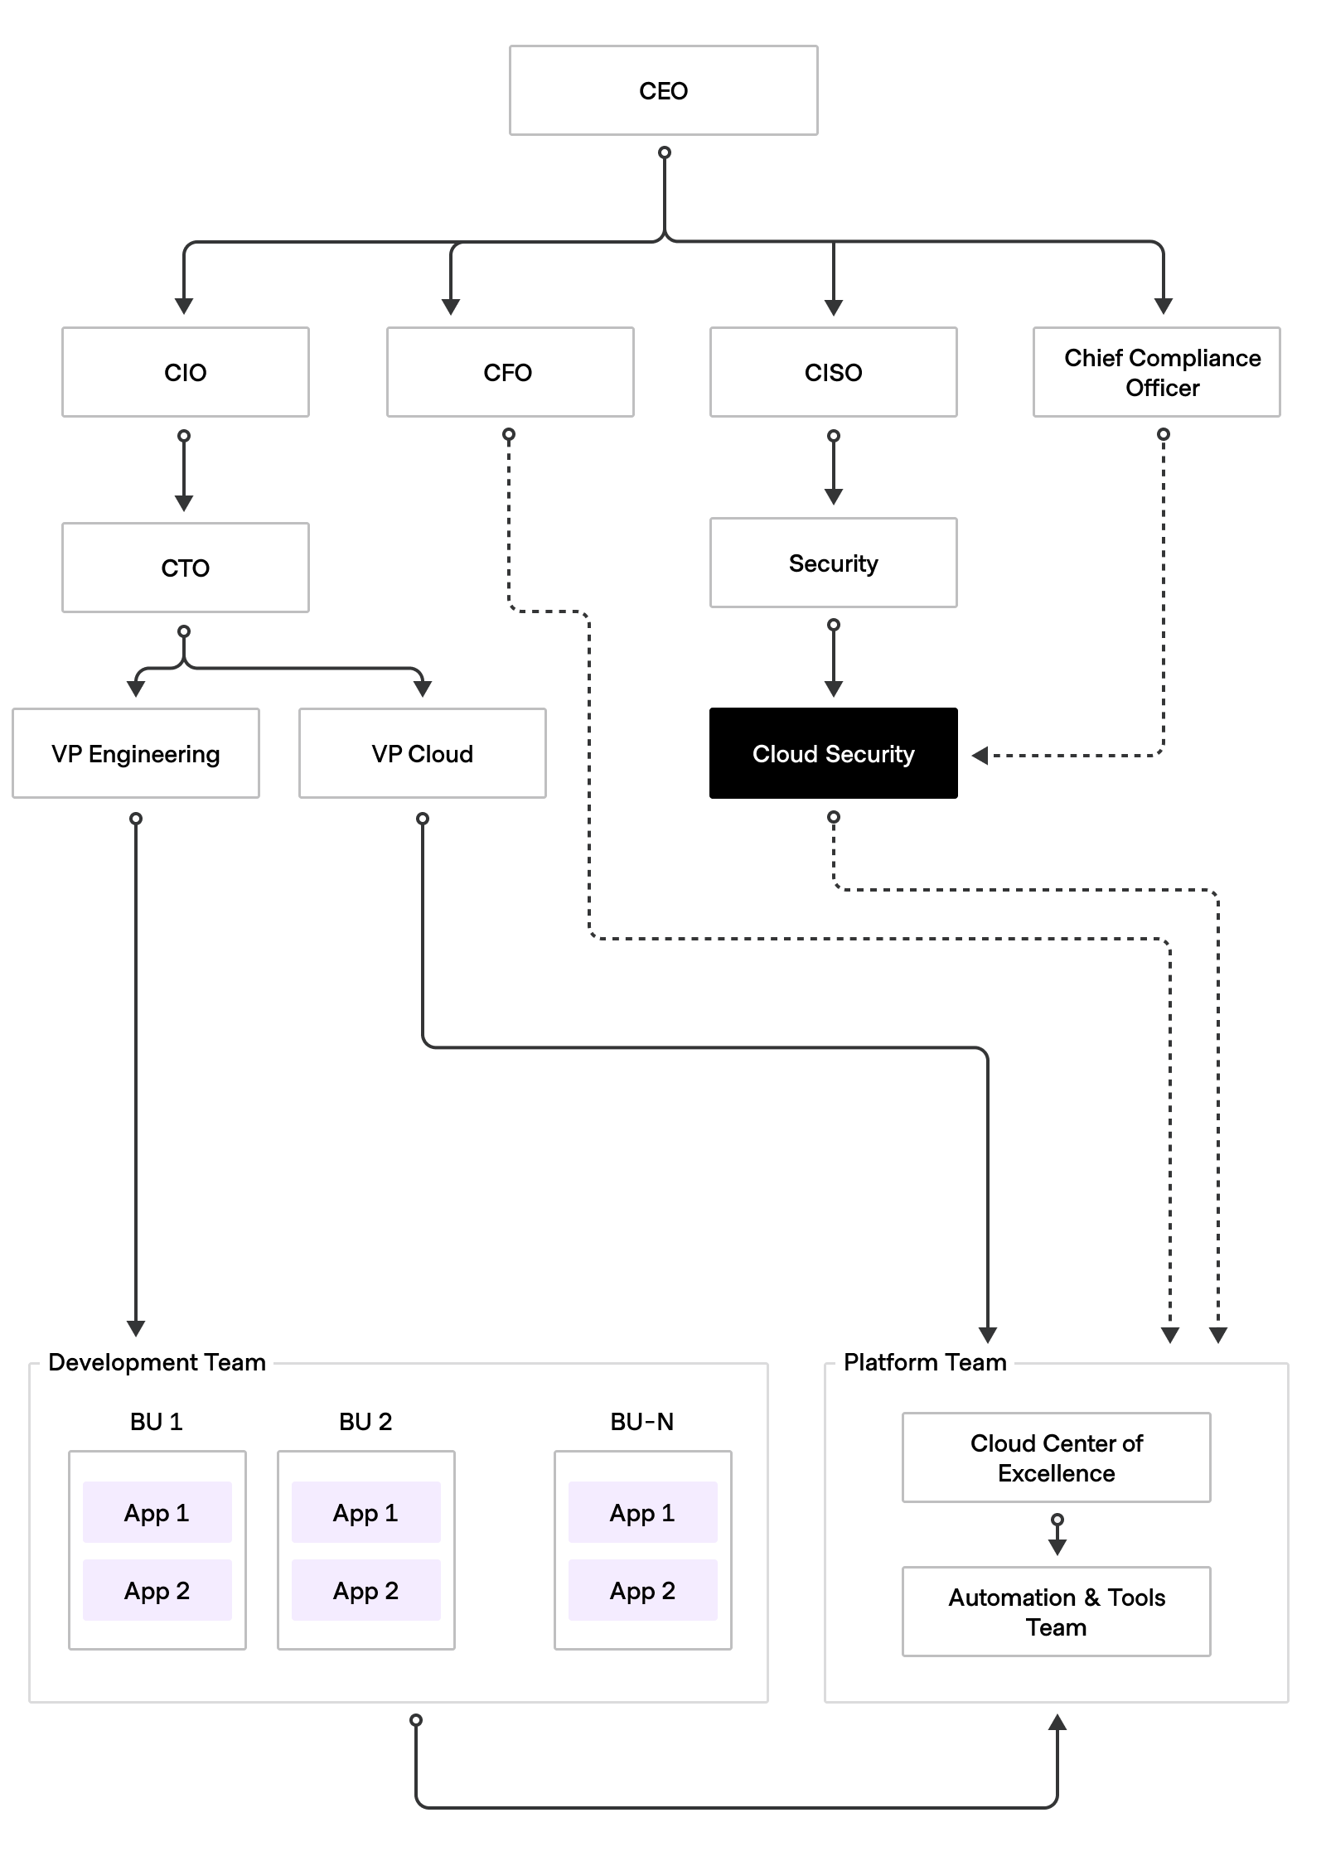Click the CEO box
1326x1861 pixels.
coord(663,90)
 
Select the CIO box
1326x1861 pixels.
coord(185,372)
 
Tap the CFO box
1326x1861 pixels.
coord(510,372)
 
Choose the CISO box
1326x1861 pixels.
coord(833,372)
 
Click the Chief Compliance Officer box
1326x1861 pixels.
coord(1156,372)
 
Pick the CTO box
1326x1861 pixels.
coord(185,568)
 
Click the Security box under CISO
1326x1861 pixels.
coord(833,563)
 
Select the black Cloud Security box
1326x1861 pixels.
coord(833,753)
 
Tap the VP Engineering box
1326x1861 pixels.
coord(136,753)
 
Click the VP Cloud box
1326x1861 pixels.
coord(422,753)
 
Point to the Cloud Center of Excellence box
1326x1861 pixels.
coord(1056,1457)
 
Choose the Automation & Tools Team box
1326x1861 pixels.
coord(1056,1612)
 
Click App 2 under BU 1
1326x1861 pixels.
coord(157,1590)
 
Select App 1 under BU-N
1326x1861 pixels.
coord(642,1512)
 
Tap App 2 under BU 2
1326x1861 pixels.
coord(365,1590)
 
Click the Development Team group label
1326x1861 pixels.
coord(157,1362)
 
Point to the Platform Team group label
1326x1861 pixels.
coord(925,1362)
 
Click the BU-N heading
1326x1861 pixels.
coord(642,1421)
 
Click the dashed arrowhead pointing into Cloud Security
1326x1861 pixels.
coord(980,756)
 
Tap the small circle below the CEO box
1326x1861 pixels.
coord(664,152)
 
